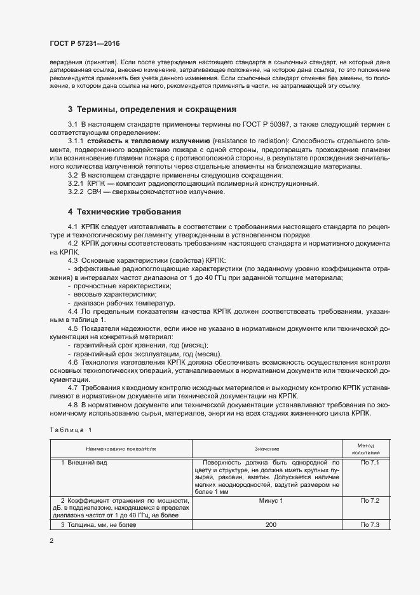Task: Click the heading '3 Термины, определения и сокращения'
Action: pyautogui.click(x=152, y=109)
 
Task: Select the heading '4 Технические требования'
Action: pyautogui.click(x=124, y=211)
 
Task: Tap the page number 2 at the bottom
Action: pyautogui.click(x=51, y=540)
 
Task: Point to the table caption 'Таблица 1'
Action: pyautogui.click(x=71, y=430)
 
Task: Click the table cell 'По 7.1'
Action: pyautogui.click(x=369, y=463)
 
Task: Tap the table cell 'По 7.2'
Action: pyautogui.click(x=369, y=501)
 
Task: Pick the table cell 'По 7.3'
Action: pyautogui.click(x=369, y=524)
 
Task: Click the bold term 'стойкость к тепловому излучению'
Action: pyautogui.click(x=149, y=139)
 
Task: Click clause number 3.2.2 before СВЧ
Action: pyautogui.click(x=76, y=192)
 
